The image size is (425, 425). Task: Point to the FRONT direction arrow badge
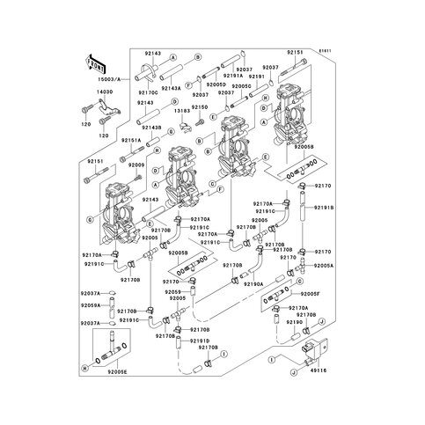[x=95, y=64]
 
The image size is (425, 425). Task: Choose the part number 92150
[x=200, y=107]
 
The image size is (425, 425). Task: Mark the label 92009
[x=136, y=165]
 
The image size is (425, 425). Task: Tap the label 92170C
[x=147, y=92]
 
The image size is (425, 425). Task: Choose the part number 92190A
[x=253, y=284]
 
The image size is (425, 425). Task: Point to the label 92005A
[x=324, y=265]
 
